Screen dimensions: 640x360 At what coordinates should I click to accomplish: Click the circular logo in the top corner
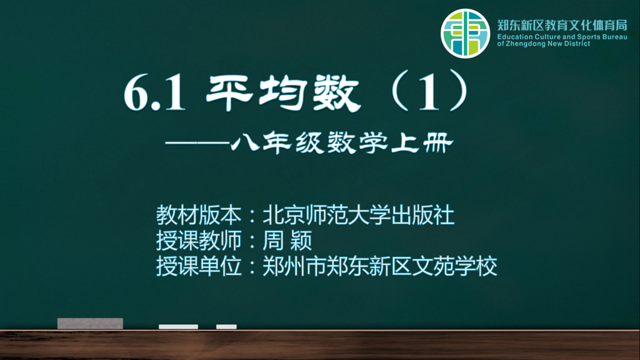coord(465,33)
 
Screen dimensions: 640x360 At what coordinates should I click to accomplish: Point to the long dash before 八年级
coord(197,142)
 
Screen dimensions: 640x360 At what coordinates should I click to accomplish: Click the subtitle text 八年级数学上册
coord(342,142)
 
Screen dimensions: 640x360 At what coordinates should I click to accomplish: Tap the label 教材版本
coord(199,215)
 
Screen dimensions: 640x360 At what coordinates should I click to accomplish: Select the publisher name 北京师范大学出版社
coord(358,215)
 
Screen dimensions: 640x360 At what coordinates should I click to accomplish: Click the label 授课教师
coord(199,240)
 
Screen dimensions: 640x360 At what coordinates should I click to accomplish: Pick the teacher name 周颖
coord(287,240)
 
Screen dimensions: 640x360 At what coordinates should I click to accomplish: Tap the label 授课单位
coord(199,266)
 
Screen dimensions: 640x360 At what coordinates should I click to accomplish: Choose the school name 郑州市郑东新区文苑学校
coord(380,266)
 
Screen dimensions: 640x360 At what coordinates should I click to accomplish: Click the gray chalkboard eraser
coord(90,323)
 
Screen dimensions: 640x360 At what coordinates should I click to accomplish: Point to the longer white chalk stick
coord(179,327)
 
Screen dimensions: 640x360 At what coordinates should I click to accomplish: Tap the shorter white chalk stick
coord(226,327)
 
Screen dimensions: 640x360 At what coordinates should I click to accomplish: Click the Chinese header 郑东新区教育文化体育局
coord(562,25)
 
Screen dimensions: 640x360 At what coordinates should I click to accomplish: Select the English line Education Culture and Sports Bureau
coord(562,37)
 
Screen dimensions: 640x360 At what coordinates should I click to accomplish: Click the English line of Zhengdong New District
coord(543,44)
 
